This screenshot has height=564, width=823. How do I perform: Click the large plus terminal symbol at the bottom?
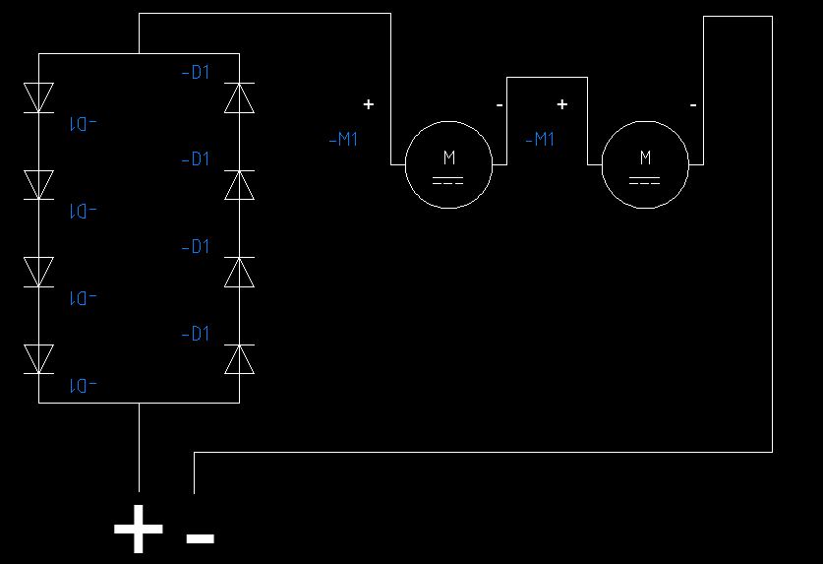point(139,531)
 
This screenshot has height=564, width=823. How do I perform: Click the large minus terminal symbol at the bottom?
point(200,537)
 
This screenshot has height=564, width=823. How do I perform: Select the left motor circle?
point(448,164)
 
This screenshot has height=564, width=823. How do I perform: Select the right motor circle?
point(645,164)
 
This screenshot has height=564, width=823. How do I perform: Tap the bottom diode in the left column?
point(38,359)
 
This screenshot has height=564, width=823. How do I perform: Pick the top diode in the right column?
point(239,98)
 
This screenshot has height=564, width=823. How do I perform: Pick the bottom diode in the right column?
point(239,359)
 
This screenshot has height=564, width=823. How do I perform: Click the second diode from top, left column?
point(38,185)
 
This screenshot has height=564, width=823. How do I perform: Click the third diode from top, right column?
point(239,272)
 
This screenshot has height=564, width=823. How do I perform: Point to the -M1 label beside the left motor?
point(343,140)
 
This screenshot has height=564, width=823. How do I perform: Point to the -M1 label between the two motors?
point(539,140)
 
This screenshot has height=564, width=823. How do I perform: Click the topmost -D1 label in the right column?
point(196,73)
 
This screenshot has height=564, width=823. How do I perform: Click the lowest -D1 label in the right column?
point(196,335)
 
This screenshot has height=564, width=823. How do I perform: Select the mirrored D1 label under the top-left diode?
point(83,124)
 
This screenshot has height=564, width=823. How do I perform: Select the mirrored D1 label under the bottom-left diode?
point(83,385)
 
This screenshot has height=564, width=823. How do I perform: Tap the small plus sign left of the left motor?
point(369,103)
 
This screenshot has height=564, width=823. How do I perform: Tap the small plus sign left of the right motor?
point(562,103)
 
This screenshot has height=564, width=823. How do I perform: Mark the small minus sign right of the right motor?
point(693,103)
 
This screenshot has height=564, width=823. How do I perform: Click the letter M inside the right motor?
point(645,157)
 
